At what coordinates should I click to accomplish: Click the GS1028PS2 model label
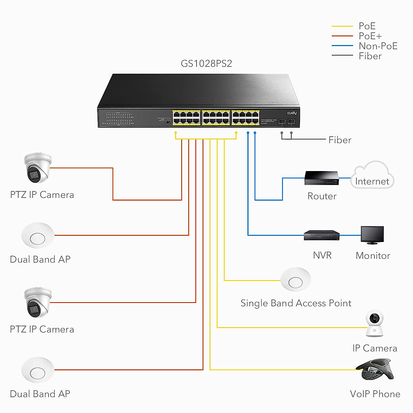(x=206, y=64)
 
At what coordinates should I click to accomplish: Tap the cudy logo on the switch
(x=292, y=113)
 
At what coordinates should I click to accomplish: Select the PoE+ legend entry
(x=370, y=36)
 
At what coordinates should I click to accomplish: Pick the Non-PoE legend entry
(x=378, y=46)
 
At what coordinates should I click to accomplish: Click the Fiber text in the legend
(x=370, y=56)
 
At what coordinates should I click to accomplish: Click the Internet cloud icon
(x=372, y=176)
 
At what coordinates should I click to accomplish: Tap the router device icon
(x=321, y=178)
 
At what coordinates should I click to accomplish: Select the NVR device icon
(x=321, y=235)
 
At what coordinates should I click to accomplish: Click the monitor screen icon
(x=372, y=235)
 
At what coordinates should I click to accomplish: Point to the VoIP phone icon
(x=374, y=369)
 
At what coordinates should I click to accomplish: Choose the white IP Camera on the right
(x=374, y=324)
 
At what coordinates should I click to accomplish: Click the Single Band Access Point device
(x=296, y=280)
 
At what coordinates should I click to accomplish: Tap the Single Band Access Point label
(x=296, y=303)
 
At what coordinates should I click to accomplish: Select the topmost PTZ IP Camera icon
(x=38, y=168)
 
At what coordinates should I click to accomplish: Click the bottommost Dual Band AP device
(x=38, y=370)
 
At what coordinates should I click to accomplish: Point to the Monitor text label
(x=373, y=256)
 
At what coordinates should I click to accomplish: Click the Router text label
(x=322, y=196)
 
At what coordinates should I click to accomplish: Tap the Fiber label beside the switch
(x=340, y=140)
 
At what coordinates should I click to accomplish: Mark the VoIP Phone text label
(x=375, y=394)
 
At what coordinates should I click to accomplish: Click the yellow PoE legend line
(x=342, y=26)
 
